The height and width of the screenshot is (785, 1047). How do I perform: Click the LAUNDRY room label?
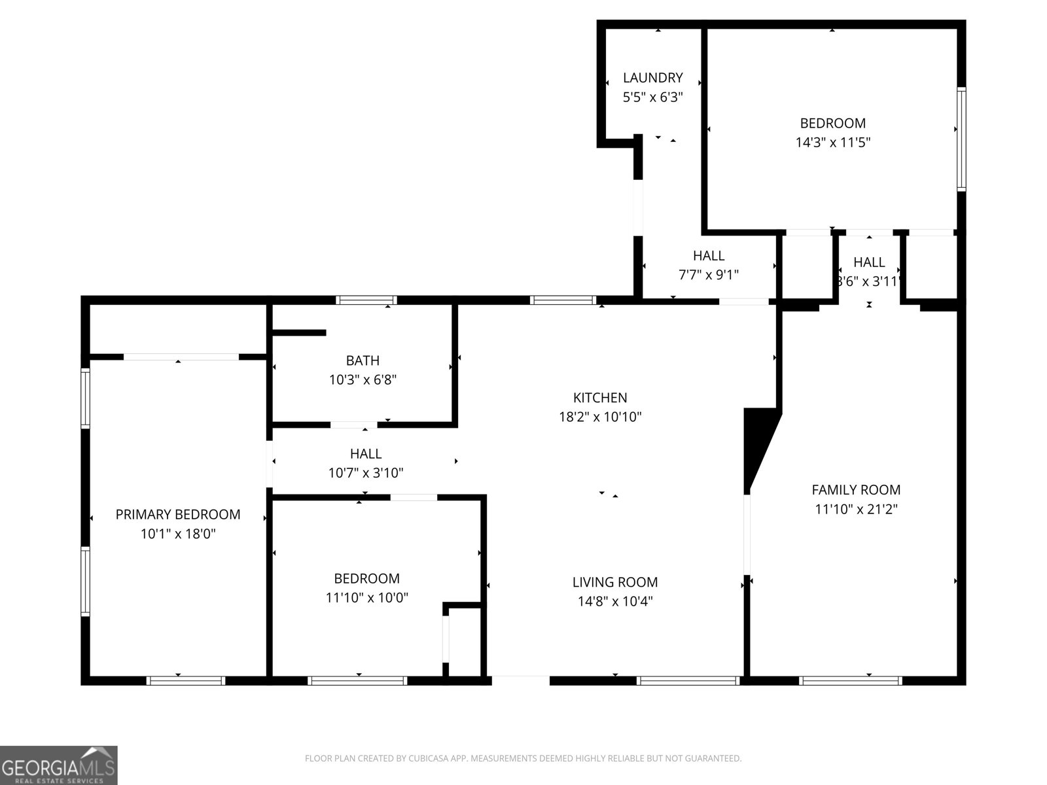(x=652, y=78)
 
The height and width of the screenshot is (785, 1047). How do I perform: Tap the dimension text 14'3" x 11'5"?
(x=832, y=142)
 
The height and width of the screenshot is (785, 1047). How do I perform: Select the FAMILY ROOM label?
(x=856, y=489)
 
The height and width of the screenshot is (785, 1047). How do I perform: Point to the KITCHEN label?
(x=600, y=398)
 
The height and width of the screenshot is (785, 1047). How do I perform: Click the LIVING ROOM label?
(x=614, y=582)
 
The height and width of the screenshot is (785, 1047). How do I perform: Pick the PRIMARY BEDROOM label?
(x=178, y=515)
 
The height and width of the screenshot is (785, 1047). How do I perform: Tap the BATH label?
(x=363, y=360)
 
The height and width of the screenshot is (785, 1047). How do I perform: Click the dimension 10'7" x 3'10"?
(x=366, y=472)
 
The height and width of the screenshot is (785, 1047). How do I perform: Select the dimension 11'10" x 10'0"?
(x=366, y=597)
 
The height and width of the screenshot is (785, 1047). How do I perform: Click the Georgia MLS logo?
(x=59, y=765)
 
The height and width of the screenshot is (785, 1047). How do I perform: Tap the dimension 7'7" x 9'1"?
(x=708, y=275)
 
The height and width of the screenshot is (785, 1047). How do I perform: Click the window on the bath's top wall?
(x=366, y=300)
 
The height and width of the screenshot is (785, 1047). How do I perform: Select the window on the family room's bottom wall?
(x=850, y=680)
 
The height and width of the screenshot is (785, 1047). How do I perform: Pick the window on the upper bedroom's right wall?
(x=961, y=139)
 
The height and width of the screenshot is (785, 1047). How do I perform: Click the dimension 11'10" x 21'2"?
(x=856, y=509)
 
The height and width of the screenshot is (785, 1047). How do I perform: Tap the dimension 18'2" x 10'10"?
(x=600, y=417)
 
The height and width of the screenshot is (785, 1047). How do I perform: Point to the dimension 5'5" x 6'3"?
(x=652, y=97)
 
